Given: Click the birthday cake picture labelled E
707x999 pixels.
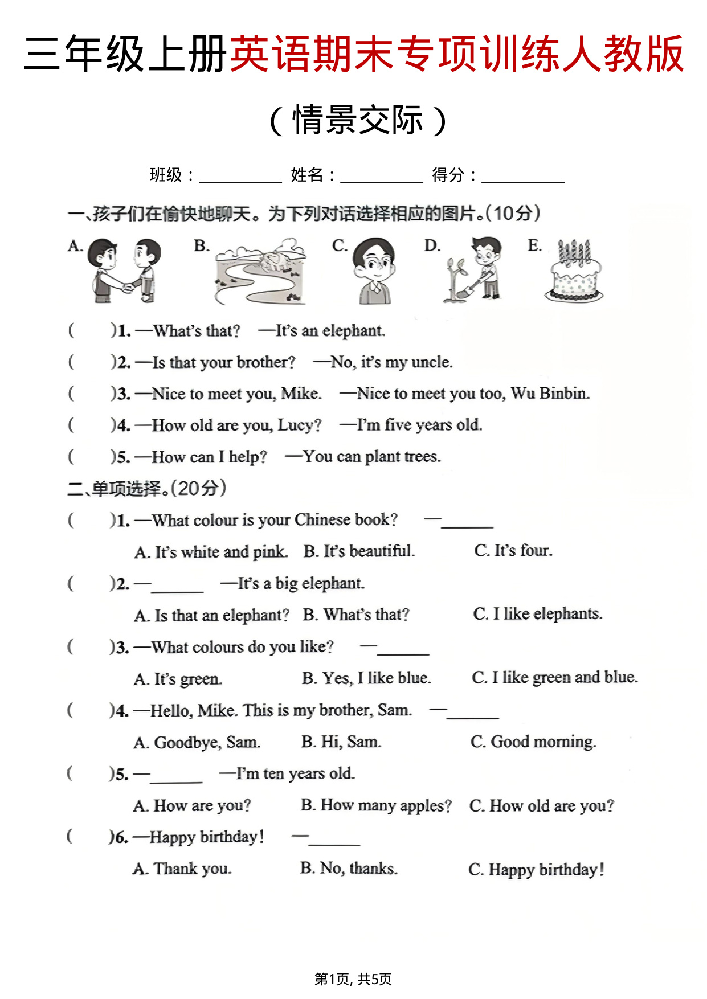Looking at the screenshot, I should coord(574,272).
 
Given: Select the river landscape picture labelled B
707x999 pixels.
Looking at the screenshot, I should coord(260,272).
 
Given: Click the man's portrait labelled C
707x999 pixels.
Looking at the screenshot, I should coord(374,271).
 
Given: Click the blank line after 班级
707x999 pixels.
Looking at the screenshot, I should coord(240,177).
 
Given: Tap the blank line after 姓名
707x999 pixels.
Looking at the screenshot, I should coord(381,177).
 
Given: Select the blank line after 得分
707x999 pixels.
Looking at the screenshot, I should coord(522,177).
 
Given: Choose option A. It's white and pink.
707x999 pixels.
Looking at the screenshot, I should coord(211,552).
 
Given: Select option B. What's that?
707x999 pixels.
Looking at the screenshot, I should coord(356,615).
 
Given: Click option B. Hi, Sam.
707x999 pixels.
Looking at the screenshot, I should coord(341,742).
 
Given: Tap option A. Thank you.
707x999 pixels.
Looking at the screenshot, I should coord(182,869).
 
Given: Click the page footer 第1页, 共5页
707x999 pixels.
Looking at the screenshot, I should coord(353,979).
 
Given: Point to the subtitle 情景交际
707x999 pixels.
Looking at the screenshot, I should coord(357,120).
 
